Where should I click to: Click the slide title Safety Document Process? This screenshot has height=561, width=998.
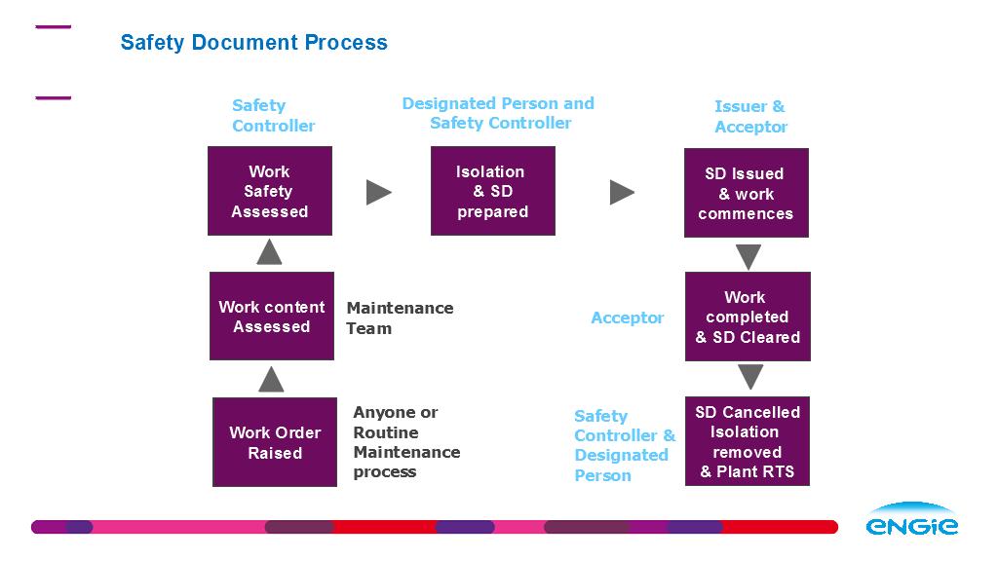(254, 42)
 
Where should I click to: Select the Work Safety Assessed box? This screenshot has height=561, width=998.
(270, 191)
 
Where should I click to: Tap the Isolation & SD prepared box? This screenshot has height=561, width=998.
(492, 191)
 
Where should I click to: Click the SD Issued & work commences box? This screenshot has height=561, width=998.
(746, 193)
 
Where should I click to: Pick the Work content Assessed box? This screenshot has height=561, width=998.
(272, 317)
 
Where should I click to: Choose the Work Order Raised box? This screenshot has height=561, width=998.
(274, 442)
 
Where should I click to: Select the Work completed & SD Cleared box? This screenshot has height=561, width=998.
(748, 317)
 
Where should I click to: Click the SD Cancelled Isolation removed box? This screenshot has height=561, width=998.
(748, 441)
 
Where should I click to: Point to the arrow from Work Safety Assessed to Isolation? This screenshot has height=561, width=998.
(379, 192)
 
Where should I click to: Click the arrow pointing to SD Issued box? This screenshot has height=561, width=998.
(622, 192)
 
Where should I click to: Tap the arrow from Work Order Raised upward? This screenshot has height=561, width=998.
(271, 379)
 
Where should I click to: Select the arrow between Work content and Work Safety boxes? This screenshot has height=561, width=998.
(269, 252)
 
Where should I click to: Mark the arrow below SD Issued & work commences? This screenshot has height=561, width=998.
(748, 257)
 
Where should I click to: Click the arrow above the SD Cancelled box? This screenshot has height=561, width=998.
(750, 377)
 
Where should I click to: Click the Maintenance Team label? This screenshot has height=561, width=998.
(400, 318)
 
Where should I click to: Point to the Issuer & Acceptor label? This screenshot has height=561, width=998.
(750, 117)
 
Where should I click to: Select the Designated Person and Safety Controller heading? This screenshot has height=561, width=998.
(498, 113)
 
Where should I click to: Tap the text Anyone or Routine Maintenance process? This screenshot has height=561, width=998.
(406, 442)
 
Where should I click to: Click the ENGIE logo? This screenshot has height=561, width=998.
(911, 519)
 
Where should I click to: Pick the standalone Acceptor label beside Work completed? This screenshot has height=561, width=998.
(627, 318)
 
